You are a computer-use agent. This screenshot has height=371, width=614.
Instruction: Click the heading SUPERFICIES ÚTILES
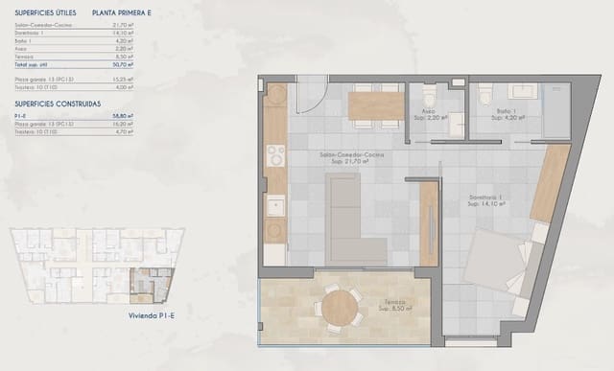pyautogui.click(x=45, y=13)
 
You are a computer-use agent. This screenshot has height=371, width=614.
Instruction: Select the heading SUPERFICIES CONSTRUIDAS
pyautogui.click(x=59, y=103)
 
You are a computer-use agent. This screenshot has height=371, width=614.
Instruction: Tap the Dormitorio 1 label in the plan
pyautogui.click(x=487, y=199)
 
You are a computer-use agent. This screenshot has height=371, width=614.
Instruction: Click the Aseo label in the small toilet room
pyautogui.click(x=428, y=111)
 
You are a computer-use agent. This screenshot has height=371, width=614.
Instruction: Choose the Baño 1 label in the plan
pyautogui.click(x=505, y=111)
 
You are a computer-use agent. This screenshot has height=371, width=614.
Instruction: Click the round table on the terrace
pyautogui.click(x=340, y=309)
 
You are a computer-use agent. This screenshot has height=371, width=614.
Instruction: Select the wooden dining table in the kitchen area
pyautogui.click(x=375, y=105)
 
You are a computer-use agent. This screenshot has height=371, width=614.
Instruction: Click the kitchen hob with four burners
pyautogui.click(x=275, y=156)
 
